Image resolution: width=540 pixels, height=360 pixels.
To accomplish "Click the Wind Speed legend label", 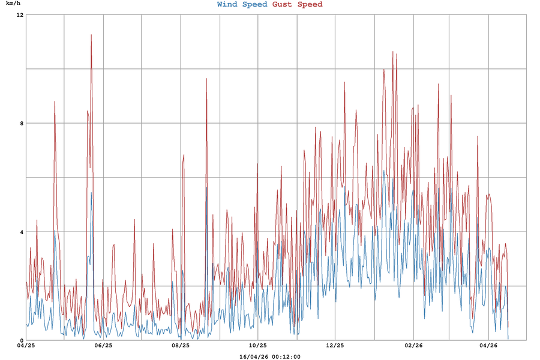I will click(242, 5).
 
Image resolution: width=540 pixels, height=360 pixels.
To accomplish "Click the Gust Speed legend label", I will click(297, 5).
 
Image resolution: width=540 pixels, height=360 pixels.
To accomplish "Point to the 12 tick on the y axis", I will click(20, 14).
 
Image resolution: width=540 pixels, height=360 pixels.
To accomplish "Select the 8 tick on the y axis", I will click(21, 123).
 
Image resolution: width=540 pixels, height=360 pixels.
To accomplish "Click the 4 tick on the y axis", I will click(21, 232).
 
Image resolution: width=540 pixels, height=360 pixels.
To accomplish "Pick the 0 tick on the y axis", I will click(21, 340).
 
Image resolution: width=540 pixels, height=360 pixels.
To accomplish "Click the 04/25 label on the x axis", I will click(26, 346).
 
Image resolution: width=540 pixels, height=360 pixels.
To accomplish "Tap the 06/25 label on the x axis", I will click(103, 346).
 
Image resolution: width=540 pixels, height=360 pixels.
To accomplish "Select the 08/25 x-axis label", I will click(181, 346).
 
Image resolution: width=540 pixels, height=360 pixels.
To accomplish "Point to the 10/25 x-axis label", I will click(257, 346).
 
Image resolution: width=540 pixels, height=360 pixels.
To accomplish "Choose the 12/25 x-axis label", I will click(335, 346).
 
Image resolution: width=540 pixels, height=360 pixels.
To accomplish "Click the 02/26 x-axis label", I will click(413, 346).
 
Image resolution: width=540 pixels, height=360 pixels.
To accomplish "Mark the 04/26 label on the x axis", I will click(489, 346).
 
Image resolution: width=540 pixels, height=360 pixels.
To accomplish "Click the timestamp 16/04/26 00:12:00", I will click(270, 356).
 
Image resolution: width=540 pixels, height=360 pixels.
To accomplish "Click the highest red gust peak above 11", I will click(91, 35).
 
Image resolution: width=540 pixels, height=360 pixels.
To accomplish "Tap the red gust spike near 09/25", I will click(206, 79).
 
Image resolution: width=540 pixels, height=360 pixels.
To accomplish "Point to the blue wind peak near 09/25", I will click(206, 188).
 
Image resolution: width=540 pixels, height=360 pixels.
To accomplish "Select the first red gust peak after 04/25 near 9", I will click(55, 102).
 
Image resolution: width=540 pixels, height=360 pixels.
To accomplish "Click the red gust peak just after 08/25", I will click(184, 155).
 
